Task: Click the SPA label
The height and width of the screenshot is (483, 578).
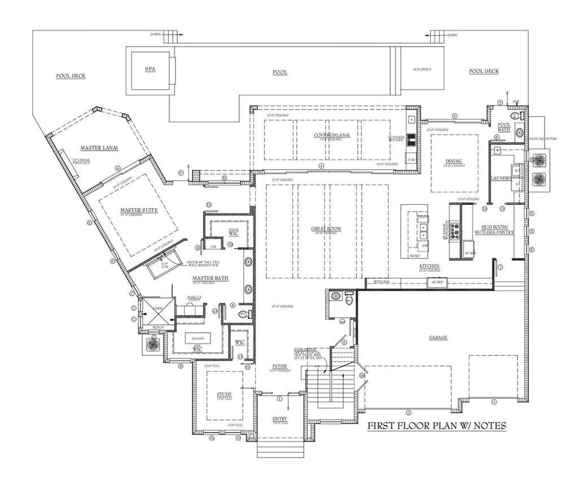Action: pyautogui.click(x=150, y=69)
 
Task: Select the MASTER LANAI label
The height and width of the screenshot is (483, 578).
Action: pyautogui.click(x=98, y=148)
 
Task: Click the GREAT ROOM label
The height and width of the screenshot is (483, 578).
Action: pyautogui.click(x=326, y=229)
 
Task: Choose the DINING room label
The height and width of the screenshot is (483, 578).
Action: pyautogui.click(x=453, y=160)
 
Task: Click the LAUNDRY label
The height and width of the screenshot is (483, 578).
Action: pyautogui.click(x=501, y=178)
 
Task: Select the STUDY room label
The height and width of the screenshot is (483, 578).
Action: pyautogui.click(x=224, y=394)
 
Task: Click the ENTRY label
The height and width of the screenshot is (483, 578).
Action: pyautogui.click(x=279, y=419)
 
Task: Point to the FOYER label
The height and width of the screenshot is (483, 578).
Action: pyautogui.click(x=280, y=366)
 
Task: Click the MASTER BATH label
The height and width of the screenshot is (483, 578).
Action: pyautogui.click(x=209, y=278)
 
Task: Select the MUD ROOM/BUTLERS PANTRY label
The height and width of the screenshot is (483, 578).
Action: pyautogui.click(x=494, y=228)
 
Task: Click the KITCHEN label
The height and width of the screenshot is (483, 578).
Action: pyautogui.click(x=430, y=266)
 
